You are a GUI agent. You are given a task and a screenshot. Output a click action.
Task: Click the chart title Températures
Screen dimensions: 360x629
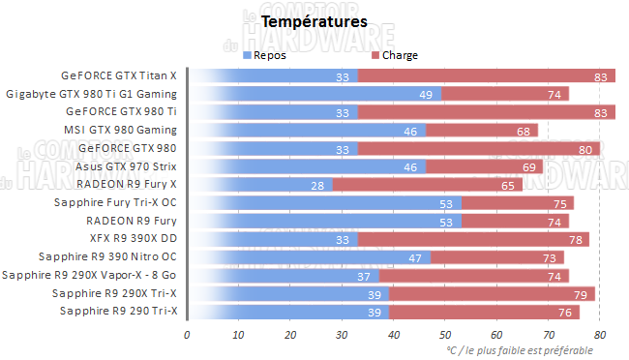(x=314, y=19)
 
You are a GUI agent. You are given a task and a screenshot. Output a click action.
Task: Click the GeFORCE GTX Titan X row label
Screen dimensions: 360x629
(x=119, y=75)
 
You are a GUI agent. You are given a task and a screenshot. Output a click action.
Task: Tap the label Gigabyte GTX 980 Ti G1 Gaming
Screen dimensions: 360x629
(x=92, y=94)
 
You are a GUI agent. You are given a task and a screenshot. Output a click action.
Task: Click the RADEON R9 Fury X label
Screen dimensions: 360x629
(x=127, y=184)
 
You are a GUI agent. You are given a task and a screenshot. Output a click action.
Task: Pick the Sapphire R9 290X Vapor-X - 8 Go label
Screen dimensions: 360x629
(x=90, y=275)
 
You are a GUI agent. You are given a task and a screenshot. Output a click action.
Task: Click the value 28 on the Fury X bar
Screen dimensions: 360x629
(x=316, y=184)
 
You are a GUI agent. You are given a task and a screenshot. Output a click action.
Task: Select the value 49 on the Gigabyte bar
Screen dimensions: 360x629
(x=425, y=94)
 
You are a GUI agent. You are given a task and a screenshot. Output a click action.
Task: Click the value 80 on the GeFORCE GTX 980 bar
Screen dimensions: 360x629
(x=584, y=148)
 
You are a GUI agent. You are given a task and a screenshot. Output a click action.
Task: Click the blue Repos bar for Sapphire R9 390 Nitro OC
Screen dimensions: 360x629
(x=310, y=256)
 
